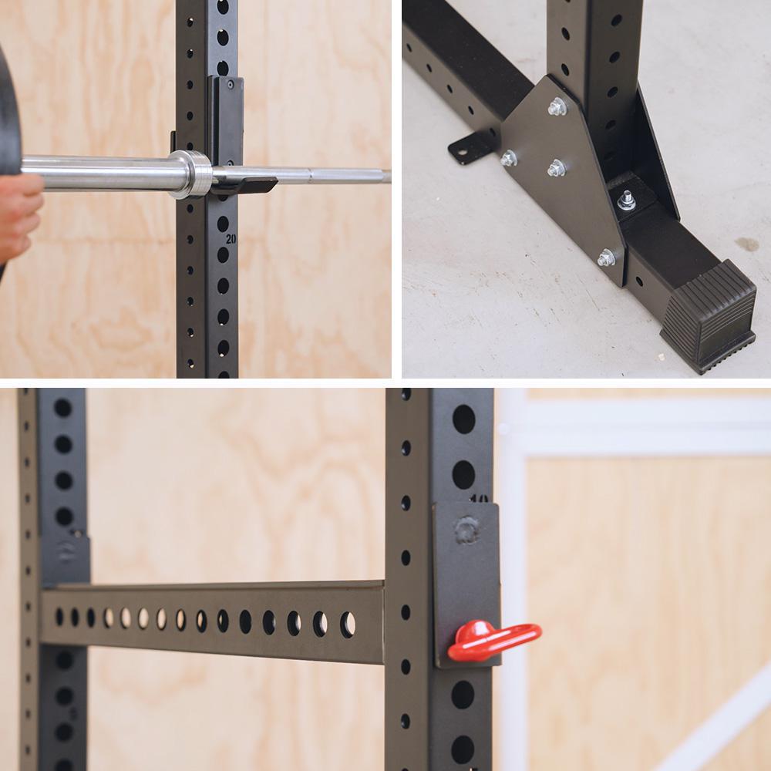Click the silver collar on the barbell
(x=188, y=174)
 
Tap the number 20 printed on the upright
(x=231, y=239)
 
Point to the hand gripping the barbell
(x=19, y=216)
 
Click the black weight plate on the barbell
(x=8, y=116)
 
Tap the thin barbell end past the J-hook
(x=347, y=177)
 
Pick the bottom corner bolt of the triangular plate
(x=606, y=258)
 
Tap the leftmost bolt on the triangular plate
(x=508, y=158)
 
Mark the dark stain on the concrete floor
(x=746, y=244)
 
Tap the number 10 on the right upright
(x=478, y=498)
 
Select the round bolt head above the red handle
(x=466, y=530)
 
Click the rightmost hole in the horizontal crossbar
(x=348, y=623)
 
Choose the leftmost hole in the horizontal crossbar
(x=59, y=617)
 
